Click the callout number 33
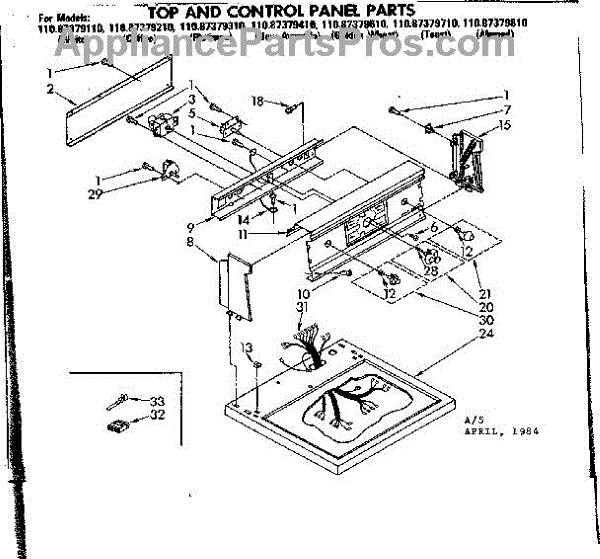[x=157, y=401]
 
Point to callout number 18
[x=256, y=101]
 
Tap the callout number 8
[x=188, y=241]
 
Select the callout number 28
[x=431, y=270]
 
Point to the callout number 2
[x=48, y=89]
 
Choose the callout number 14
[x=243, y=218]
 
